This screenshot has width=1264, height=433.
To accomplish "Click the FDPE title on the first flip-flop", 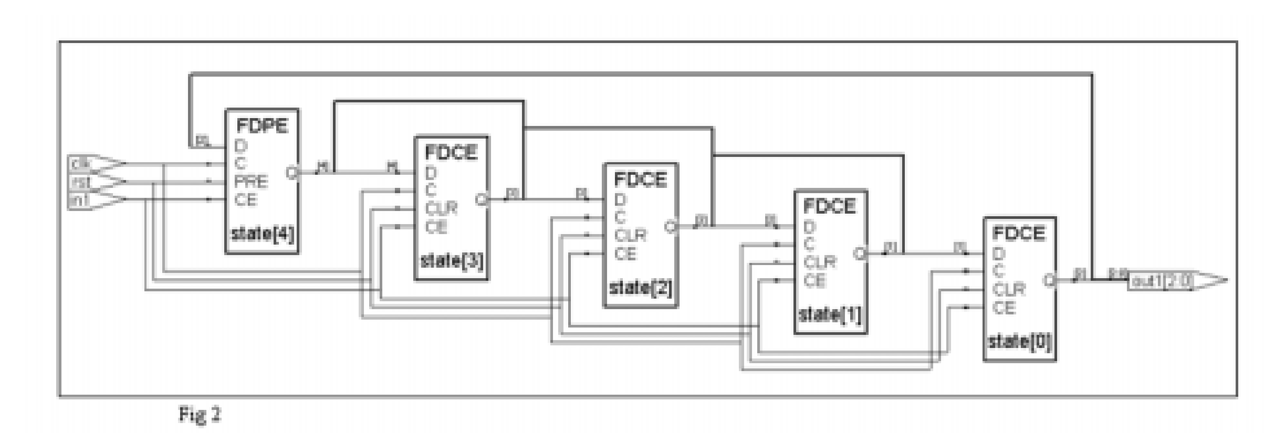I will (262, 125).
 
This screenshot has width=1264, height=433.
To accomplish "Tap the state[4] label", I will (263, 234).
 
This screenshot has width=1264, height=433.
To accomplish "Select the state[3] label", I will (452, 260).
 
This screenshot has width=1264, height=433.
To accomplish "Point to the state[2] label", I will (640, 288).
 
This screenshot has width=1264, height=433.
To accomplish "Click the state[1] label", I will (830, 314).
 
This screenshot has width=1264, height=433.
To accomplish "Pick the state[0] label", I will (1019, 342).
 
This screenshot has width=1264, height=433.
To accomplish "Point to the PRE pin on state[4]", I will (251, 182).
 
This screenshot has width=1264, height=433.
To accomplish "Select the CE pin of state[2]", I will (625, 254).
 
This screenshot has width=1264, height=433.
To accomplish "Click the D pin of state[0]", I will (998, 254).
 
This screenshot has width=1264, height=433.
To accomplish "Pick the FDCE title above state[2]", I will (640, 179).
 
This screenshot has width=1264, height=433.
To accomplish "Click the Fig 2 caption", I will (200, 415).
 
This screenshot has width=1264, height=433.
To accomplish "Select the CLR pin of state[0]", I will (1008, 289).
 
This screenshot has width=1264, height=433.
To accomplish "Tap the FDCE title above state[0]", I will (1019, 233).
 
